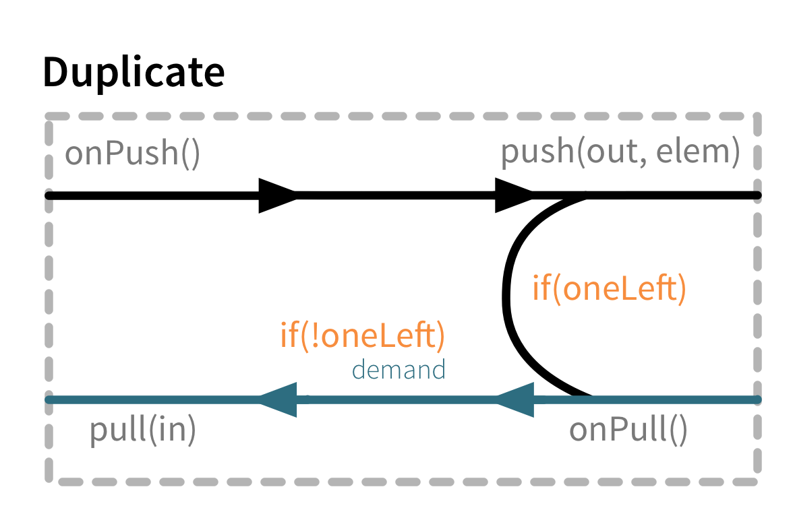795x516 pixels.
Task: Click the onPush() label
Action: (x=132, y=154)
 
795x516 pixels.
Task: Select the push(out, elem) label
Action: (x=620, y=153)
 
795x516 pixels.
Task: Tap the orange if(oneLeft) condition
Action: (x=609, y=289)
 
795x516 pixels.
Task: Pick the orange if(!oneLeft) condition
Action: (x=362, y=335)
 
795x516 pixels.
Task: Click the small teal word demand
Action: (x=399, y=370)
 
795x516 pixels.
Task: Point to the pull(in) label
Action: (x=142, y=431)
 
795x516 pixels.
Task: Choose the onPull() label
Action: (x=628, y=430)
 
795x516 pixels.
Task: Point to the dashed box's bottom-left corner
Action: (x=50, y=481)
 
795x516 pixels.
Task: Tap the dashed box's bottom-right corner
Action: (x=757, y=481)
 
